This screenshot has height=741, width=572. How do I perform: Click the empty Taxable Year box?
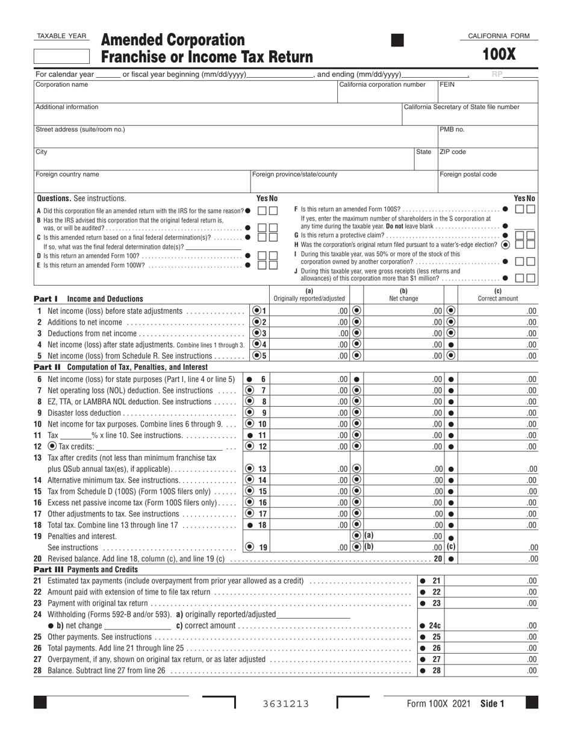point(61,57)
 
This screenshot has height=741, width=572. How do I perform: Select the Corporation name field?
point(185,91)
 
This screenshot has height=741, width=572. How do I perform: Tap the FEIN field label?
point(447,85)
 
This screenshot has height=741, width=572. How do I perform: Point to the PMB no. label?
point(452,130)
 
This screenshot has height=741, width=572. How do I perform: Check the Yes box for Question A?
point(262,211)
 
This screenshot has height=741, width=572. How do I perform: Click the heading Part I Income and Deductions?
point(89,299)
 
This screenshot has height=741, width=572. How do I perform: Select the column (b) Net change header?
point(404,295)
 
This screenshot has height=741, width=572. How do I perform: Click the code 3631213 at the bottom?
point(286,704)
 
